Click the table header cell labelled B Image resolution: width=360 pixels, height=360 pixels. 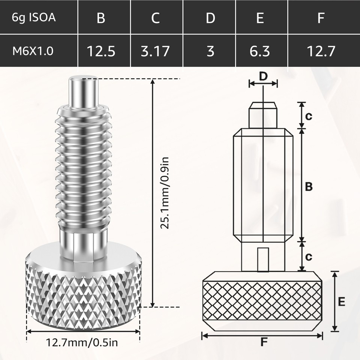(x=101, y=18)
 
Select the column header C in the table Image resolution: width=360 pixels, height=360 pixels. (x=155, y=18)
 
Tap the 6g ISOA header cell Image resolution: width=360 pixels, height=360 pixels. (x=34, y=18)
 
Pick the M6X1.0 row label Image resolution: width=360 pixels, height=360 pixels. (x=33, y=51)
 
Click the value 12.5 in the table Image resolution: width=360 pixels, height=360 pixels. (x=101, y=51)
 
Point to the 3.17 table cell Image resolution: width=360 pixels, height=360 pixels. (x=155, y=51)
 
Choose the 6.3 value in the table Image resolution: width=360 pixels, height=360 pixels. (x=259, y=51)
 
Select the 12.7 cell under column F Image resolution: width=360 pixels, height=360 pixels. (x=321, y=51)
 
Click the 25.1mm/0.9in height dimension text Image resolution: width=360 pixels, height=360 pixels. (x=164, y=193)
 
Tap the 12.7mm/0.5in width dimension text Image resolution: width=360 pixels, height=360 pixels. (x=82, y=342)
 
